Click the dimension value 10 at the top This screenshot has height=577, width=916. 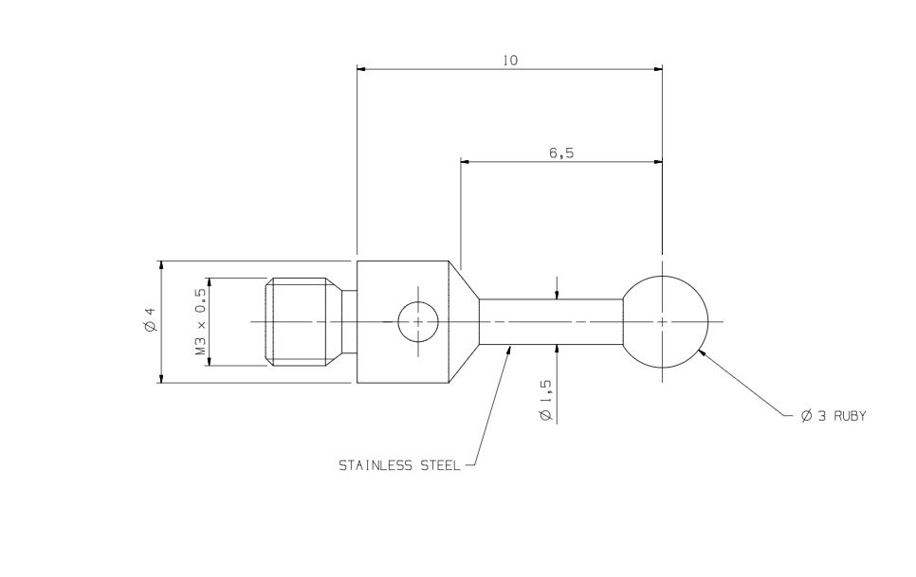click(x=510, y=61)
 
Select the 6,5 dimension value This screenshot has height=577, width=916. click(x=561, y=153)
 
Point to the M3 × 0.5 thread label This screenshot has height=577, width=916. click(x=200, y=322)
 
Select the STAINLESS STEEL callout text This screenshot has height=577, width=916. click(x=399, y=466)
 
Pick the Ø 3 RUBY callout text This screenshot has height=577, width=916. click(x=834, y=416)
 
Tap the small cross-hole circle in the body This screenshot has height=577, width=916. click(x=418, y=322)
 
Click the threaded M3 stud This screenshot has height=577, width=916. click(x=302, y=322)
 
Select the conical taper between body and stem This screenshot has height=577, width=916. click(x=464, y=322)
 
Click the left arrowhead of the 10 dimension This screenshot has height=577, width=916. click(x=361, y=68)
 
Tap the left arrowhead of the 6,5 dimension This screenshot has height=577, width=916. click(x=466, y=161)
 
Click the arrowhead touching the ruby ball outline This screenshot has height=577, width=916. click(x=702, y=353)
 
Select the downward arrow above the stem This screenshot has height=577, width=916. click(x=557, y=295)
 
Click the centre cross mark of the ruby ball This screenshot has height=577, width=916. click(x=662, y=322)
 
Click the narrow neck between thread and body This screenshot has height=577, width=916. click(x=349, y=322)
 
